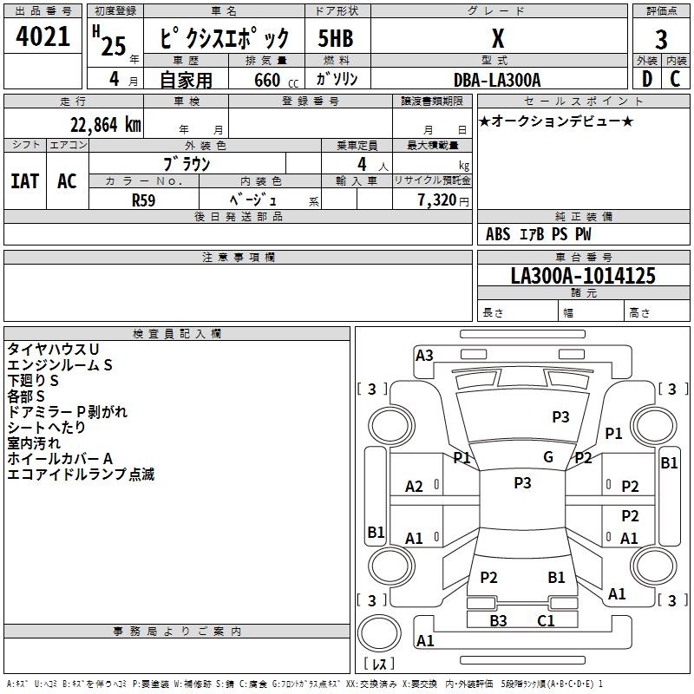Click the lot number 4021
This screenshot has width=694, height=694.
43,38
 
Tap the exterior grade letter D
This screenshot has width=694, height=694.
646,79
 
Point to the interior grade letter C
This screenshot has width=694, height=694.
675,79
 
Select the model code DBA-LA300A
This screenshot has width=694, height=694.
497,80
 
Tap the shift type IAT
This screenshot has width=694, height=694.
24,180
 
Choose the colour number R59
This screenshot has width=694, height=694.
144,200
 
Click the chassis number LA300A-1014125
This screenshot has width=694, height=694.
583,276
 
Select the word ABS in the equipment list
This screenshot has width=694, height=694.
498,234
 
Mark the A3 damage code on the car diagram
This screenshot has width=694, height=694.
424,355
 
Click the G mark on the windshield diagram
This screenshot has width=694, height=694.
548,457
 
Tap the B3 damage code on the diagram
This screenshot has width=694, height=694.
498,620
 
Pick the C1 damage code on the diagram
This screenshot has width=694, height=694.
546,620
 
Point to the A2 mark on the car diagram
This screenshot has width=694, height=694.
415,487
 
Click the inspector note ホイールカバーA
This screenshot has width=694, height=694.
61,458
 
